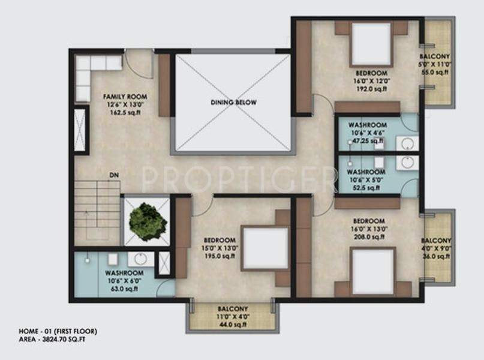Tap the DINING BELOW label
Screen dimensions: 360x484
233,103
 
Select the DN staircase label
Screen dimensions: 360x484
113,176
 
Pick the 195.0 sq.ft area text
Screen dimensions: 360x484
219,257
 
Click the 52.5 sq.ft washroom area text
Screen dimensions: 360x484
365,188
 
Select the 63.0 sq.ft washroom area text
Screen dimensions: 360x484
125,289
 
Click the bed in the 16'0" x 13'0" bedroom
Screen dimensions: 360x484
372,271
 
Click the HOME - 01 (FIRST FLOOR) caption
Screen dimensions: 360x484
58,331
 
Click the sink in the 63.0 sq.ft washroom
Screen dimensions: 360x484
141,259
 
